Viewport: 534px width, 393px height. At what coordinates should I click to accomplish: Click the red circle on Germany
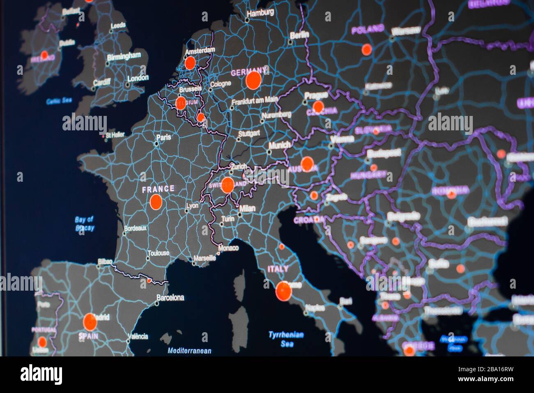[x=253, y=81]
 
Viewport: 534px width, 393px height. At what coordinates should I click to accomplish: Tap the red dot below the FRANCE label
[x=156, y=202]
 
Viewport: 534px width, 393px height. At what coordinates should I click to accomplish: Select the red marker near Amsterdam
[x=190, y=63]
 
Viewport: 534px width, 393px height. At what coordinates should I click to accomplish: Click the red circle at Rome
[x=283, y=291]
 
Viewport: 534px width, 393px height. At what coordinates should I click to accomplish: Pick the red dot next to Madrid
[x=90, y=322]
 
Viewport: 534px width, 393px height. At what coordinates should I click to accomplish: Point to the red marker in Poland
[x=366, y=50]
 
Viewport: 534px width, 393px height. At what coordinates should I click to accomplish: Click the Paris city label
[x=163, y=137]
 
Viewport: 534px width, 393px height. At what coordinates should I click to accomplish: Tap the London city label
[x=138, y=78]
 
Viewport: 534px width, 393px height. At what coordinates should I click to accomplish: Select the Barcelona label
[x=170, y=297]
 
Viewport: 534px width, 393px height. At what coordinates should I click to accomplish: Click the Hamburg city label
[x=260, y=13]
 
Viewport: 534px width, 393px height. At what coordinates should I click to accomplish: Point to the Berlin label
[x=299, y=35]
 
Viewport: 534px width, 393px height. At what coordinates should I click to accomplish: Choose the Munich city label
[x=279, y=145]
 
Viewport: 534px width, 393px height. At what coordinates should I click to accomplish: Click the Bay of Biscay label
[x=85, y=224]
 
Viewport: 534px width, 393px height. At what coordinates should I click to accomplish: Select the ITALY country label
[x=278, y=269]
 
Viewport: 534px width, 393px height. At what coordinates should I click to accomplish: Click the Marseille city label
[x=205, y=258]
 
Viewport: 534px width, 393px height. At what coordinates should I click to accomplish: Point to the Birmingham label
[x=124, y=56]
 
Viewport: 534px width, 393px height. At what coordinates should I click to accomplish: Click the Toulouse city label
[x=159, y=253]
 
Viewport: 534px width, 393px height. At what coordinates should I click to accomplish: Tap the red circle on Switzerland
[x=227, y=185]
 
